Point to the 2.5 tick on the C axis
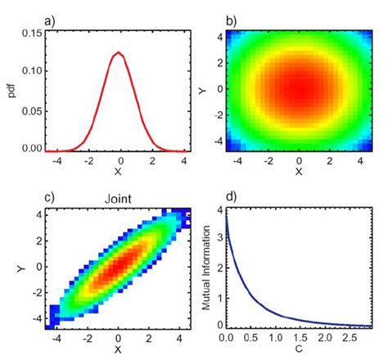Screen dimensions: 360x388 click(x=350, y=336)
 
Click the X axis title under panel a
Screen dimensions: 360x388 click(x=118, y=173)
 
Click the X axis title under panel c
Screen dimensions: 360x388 click(x=118, y=350)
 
